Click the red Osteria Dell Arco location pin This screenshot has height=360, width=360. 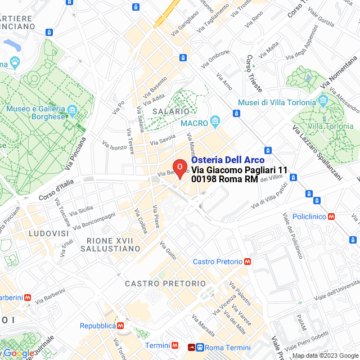pos(179,168)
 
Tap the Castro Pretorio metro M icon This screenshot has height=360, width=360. pos(247,262)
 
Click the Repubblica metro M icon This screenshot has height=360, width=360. pos(120,326)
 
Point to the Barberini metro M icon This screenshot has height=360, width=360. pos(28,298)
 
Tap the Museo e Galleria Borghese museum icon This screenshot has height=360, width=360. pos(72,109)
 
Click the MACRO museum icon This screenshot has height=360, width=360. pos(215,121)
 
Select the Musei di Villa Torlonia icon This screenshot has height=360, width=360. pos(323,102)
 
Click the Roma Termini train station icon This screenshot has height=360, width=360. pos(199,347)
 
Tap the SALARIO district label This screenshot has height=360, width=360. pos(170,112)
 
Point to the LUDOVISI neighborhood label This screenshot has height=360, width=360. pos(49,233)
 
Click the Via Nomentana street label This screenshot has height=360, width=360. pos(339,72)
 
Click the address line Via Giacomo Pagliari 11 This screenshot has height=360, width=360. pos(239,170)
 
